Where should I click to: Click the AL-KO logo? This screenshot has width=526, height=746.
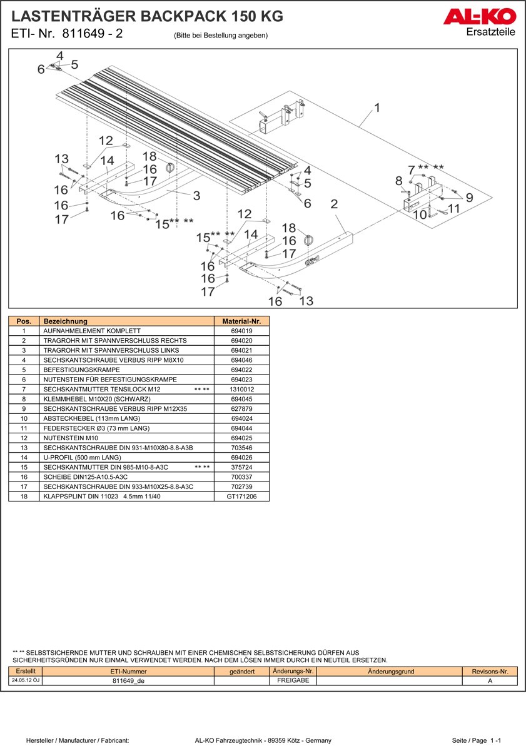click(480, 17)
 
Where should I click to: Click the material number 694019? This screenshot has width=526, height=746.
click(241, 331)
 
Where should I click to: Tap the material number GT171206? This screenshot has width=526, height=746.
click(241, 496)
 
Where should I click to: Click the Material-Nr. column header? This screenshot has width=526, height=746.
click(241, 321)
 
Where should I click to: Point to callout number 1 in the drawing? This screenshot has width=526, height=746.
click(377, 108)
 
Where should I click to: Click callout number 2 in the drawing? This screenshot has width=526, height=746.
click(334, 204)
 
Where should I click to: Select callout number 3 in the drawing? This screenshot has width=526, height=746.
click(196, 196)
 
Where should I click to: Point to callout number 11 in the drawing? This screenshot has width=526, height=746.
click(454, 208)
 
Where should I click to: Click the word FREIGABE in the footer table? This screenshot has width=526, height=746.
click(293, 680)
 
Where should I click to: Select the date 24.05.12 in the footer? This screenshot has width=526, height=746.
click(26, 680)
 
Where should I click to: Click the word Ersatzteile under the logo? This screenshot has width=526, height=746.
click(490, 33)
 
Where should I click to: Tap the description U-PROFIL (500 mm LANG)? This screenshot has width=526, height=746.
click(82, 458)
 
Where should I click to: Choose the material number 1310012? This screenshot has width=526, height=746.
click(241, 389)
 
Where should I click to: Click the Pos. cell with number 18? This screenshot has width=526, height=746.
click(24, 496)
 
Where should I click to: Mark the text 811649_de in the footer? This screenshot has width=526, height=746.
click(128, 681)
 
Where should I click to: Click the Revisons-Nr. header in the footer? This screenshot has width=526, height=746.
click(490, 672)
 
